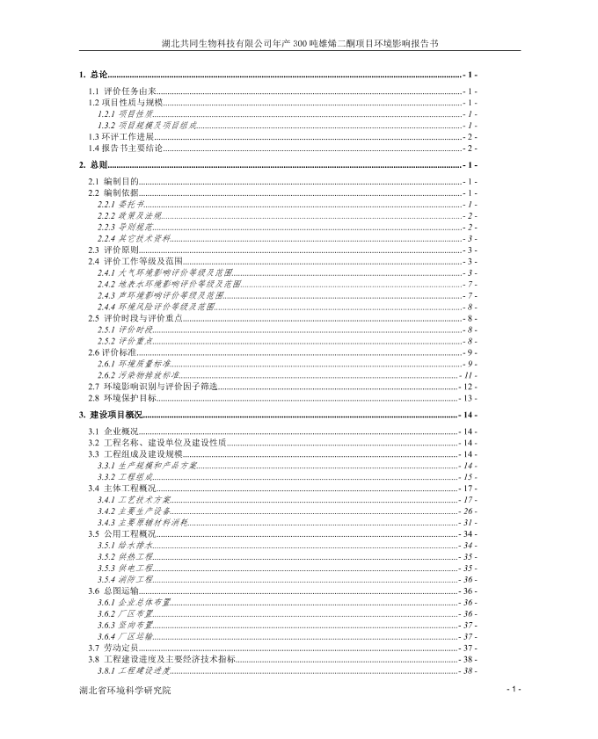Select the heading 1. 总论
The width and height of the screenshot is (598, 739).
tap(92, 76)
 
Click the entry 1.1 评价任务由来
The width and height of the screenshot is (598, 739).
tap(122, 91)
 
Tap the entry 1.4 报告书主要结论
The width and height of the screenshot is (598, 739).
tap(126, 149)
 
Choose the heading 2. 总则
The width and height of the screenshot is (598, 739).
tap(92, 165)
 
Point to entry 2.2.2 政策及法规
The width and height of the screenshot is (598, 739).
tap(128, 215)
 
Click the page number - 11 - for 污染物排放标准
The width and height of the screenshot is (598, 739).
tap(469, 375)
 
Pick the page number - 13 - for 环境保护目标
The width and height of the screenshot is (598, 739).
tap(469, 398)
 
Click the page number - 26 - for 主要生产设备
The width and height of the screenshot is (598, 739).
tap(469, 511)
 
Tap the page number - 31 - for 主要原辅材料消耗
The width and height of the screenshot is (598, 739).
tap(469, 523)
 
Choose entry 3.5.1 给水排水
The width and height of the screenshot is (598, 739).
tap(124, 546)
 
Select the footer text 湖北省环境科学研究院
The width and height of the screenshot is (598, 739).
tap(124, 691)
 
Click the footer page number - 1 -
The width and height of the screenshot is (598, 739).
tap(514, 689)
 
